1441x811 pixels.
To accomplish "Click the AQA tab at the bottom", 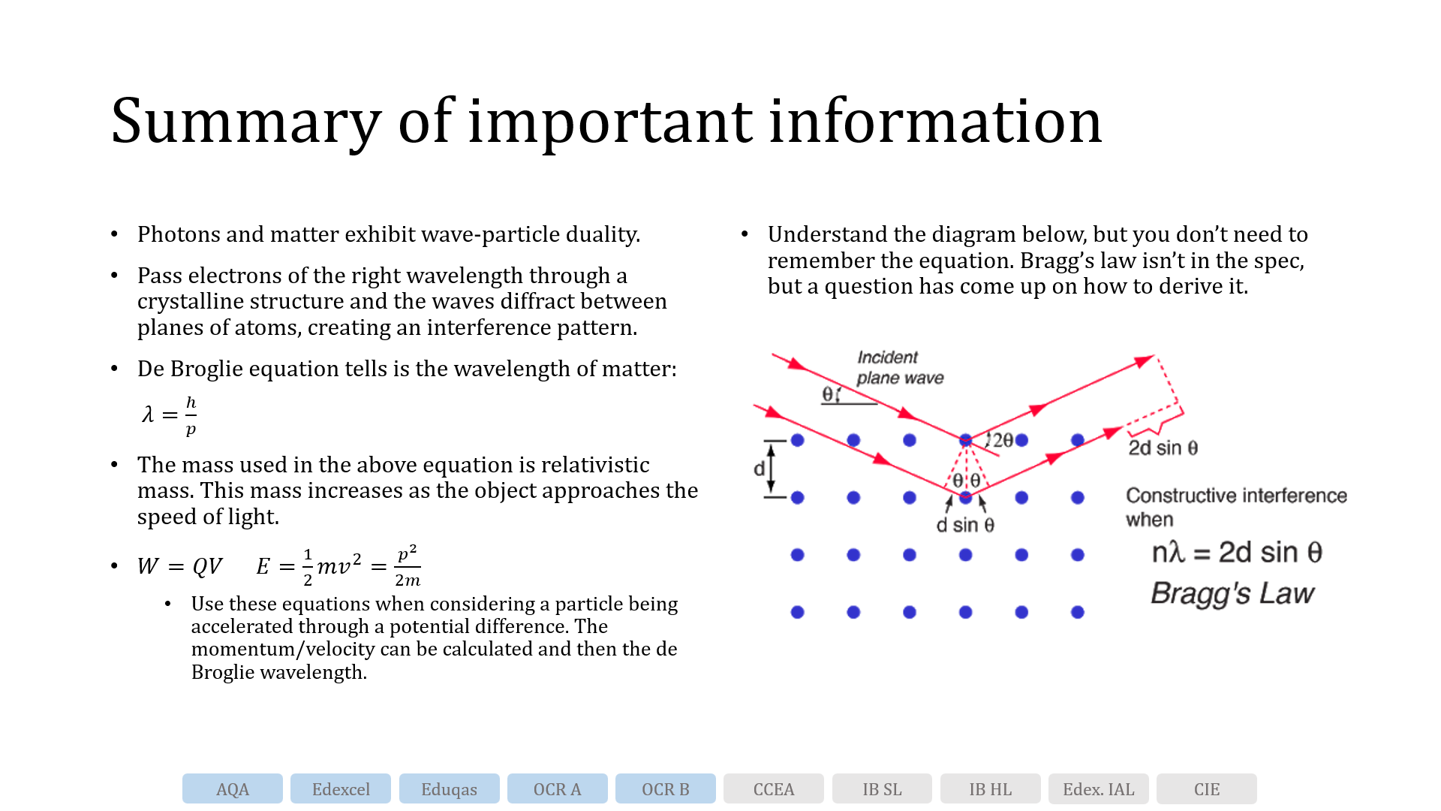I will click(232, 789).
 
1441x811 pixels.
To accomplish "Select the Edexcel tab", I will click(341, 789).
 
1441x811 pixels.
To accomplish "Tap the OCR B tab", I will click(665, 789).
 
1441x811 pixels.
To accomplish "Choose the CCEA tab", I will click(773, 789).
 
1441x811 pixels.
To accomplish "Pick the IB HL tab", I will click(990, 789).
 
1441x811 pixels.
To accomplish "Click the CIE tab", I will click(1206, 789).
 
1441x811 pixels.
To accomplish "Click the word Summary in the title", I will click(245, 122).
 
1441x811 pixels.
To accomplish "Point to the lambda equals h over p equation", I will click(170, 415).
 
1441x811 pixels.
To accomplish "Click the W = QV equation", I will click(179, 566).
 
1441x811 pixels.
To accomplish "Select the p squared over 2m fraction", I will click(408, 566).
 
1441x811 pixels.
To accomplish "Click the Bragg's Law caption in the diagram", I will click(1232, 593).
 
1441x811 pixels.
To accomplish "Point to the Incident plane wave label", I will click(899, 368).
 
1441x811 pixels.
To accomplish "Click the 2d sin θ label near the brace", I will click(1163, 448).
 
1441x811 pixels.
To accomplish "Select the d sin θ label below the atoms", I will click(965, 526).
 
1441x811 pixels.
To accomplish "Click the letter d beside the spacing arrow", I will click(759, 469).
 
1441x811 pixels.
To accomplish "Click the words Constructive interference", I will click(1236, 496).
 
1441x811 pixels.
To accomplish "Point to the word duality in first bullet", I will click(602, 234).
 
